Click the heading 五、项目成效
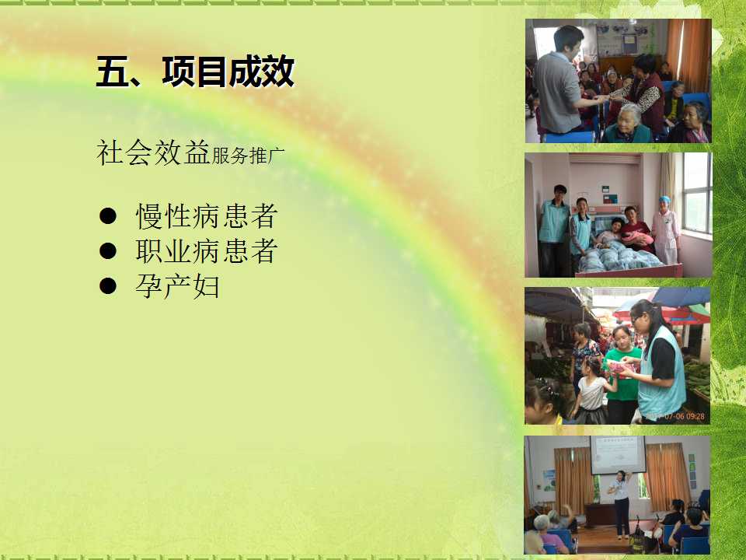tap(195, 72)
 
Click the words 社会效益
tap(153, 153)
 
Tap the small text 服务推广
tap(248, 156)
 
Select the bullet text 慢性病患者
tap(207, 216)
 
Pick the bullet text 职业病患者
tap(207, 251)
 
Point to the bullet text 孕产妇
tap(177, 286)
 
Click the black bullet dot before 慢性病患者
tap(108, 215)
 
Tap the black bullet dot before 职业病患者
tap(108, 251)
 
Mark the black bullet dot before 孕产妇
tap(108, 285)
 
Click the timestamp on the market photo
tap(676, 416)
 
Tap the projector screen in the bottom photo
tap(618, 455)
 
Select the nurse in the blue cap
tap(666, 230)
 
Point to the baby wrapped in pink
tap(636, 238)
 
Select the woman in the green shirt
tap(621, 375)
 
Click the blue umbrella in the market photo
tap(682, 296)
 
